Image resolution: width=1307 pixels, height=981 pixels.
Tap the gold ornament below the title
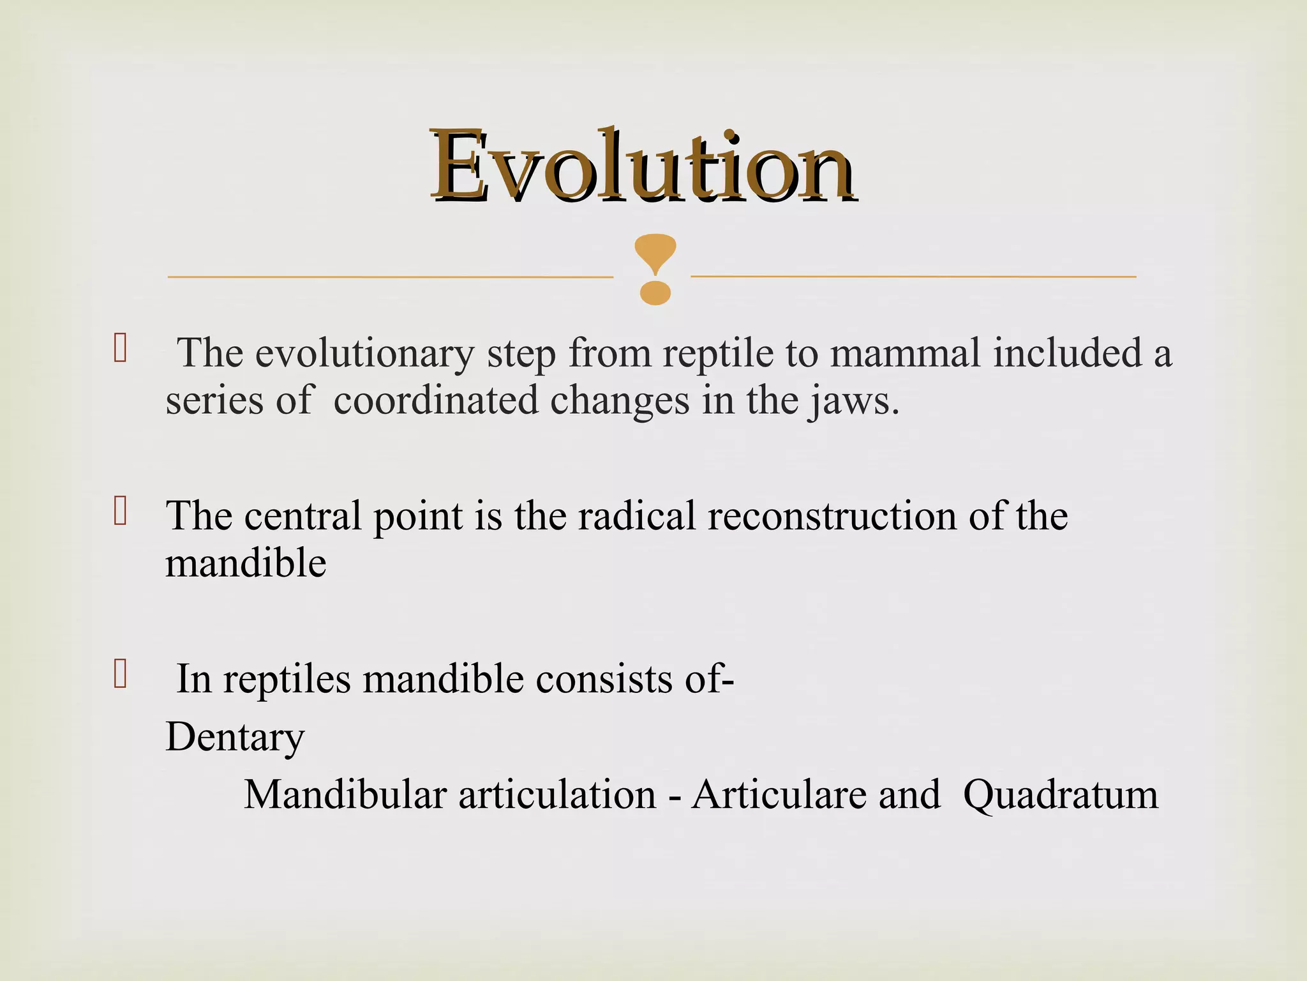point(655,268)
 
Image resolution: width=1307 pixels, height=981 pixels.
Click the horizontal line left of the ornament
point(389,277)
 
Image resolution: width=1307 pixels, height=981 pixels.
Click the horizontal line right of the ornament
point(913,277)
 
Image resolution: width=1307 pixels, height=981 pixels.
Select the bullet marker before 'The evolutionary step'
point(120,349)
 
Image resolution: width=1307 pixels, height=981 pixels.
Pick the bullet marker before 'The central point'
point(120,512)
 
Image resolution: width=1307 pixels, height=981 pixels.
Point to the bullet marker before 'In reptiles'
point(120,674)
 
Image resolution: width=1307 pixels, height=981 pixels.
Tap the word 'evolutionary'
point(365,353)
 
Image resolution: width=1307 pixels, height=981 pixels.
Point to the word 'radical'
point(636,516)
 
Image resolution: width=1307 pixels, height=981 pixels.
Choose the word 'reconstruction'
point(832,516)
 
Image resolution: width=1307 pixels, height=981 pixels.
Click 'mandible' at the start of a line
point(246,564)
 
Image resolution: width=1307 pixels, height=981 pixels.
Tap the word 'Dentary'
point(235,738)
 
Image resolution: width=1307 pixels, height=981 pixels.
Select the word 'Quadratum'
point(1060,795)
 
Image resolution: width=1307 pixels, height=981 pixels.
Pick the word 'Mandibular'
point(345,795)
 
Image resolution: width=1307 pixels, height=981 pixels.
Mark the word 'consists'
point(604,679)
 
